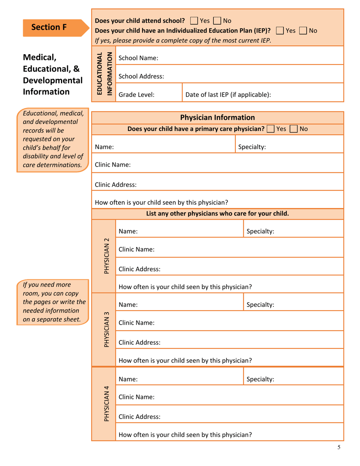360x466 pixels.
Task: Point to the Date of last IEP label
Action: pyautogui.click(x=228, y=95)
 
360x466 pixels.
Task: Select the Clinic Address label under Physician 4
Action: pyautogui.click(x=139, y=417)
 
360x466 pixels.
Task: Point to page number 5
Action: pyautogui.click(x=339, y=447)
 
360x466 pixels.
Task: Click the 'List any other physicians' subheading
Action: pyautogui.click(x=218, y=213)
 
